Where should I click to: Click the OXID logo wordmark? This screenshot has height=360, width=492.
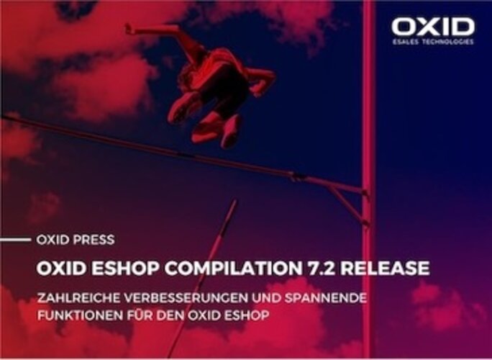coord(433,27)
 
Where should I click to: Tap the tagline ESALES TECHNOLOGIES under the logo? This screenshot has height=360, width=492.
coord(433,42)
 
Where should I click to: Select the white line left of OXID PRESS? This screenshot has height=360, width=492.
coord(15,240)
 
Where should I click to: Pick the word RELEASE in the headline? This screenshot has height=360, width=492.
coord(386,269)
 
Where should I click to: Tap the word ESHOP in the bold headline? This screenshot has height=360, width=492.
coord(126,269)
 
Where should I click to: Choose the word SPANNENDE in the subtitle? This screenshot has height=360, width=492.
coord(326,298)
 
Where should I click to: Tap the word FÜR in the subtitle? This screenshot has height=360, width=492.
coord(140,315)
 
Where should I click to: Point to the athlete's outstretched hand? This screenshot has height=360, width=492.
coord(129,29)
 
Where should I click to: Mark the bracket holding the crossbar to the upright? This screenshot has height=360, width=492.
coord(347,201)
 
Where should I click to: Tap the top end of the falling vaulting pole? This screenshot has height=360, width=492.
coord(235,200)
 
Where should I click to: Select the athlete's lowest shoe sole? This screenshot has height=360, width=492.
coord(231,132)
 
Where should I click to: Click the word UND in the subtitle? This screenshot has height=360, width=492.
coord(267,298)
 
